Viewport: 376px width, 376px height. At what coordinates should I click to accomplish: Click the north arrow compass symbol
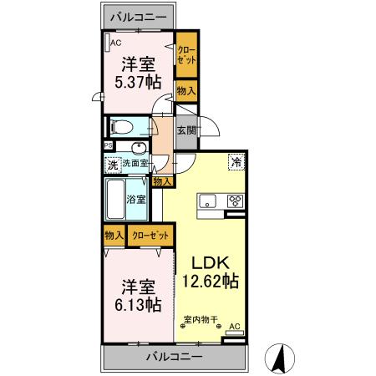tap(280, 358)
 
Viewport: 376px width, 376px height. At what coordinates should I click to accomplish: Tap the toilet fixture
tap(121, 128)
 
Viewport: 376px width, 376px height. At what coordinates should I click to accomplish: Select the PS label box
tap(108, 145)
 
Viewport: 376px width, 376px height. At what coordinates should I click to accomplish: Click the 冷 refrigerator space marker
tap(236, 162)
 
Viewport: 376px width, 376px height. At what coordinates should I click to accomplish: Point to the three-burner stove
tap(236, 201)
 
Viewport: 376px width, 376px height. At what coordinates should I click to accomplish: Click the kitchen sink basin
tap(207, 201)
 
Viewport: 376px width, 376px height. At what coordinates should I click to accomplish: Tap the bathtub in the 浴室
tap(115, 199)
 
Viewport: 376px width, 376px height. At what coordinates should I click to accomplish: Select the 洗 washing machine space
tap(113, 165)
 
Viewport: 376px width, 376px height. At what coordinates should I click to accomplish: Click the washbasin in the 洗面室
tap(138, 149)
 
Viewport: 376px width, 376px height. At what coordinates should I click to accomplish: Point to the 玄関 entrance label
tap(186, 130)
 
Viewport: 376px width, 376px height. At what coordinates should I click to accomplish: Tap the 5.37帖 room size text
tap(138, 82)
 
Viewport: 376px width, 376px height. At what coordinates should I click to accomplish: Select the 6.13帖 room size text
tap(138, 304)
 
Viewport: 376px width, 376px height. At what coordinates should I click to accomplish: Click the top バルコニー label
tap(139, 17)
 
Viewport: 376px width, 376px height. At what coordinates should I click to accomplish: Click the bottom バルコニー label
tap(175, 357)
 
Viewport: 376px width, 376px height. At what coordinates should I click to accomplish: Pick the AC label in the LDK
tap(236, 326)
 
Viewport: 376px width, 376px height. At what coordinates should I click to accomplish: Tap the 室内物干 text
tap(201, 319)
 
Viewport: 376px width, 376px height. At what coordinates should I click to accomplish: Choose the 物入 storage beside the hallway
tap(163, 182)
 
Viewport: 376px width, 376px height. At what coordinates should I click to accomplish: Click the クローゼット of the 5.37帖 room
tap(186, 55)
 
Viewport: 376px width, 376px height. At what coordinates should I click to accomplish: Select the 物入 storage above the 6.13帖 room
tap(114, 236)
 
